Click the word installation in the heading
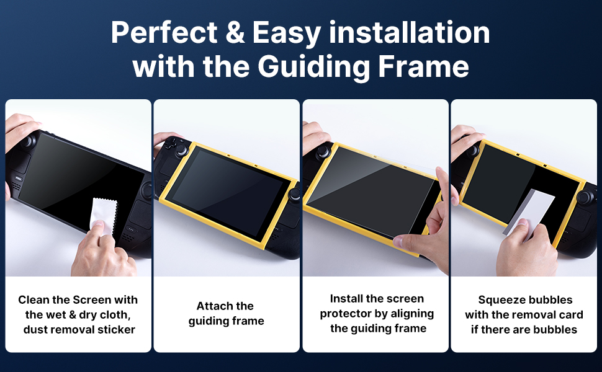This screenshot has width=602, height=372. [409, 32]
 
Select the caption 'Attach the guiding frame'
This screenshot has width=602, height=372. [226, 314]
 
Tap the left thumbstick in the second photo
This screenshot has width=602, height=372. [181, 150]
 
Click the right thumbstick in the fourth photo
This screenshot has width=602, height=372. [584, 197]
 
